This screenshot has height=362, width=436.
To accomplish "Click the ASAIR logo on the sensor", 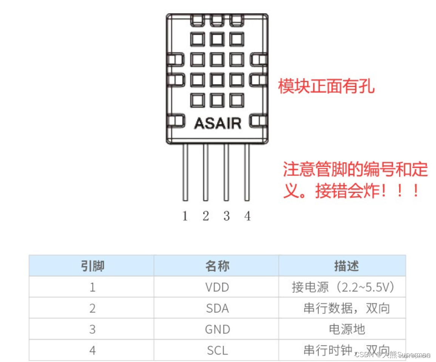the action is (x=217, y=123).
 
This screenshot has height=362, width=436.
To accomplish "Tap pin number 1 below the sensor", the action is (x=185, y=216).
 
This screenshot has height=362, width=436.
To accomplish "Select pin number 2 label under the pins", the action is (x=206, y=216).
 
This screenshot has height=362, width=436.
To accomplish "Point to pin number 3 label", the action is (x=226, y=216).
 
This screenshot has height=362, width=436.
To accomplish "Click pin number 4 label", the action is (x=247, y=216).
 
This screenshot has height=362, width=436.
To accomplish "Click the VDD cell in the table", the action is (x=217, y=287).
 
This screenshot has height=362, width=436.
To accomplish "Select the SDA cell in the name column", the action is (x=217, y=308).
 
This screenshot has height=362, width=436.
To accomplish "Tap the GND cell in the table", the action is (x=217, y=330).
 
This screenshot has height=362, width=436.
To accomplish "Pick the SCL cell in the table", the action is (x=217, y=351).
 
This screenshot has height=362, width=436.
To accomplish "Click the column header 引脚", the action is (x=92, y=266).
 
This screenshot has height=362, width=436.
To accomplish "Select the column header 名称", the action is (x=217, y=266).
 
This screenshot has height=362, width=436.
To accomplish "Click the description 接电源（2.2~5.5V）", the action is (x=344, y=287).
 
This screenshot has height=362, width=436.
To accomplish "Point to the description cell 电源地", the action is (x=347, y=330).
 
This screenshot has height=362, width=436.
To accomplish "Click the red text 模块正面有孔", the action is (x=326, y=86).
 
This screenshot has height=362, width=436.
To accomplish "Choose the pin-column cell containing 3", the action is (x=92, y=330).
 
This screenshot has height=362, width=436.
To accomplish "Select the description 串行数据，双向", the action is (x=347, y=308).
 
